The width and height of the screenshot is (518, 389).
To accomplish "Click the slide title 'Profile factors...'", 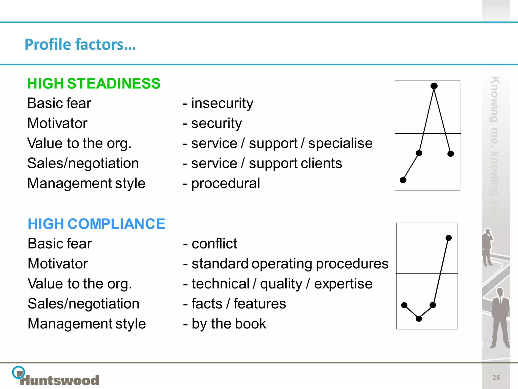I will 80,44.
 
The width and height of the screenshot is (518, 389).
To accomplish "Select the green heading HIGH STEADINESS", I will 94,83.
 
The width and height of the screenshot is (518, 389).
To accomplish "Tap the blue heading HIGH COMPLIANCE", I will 96,224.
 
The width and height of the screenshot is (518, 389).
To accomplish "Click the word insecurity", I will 222,103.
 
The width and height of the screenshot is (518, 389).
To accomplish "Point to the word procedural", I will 225,183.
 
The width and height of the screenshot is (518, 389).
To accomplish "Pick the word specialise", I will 340,143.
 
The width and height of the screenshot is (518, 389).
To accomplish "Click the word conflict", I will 214,244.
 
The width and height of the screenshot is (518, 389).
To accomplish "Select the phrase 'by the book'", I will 229,324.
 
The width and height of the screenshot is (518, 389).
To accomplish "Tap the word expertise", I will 343,284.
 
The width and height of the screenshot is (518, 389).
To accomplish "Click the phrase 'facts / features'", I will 239,304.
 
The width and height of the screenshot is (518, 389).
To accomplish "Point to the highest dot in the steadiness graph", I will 434,86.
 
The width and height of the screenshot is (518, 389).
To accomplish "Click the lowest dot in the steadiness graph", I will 403,180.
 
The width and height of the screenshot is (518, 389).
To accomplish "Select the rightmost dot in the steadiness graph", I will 450,154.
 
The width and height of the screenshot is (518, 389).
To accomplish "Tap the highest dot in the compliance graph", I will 448,238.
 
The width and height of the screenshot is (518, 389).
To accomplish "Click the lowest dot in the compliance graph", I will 419,319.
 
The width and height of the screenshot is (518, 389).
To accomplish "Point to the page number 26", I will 496,378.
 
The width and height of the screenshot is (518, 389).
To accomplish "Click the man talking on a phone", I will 487,247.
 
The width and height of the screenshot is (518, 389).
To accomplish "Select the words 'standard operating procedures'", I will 290,264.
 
